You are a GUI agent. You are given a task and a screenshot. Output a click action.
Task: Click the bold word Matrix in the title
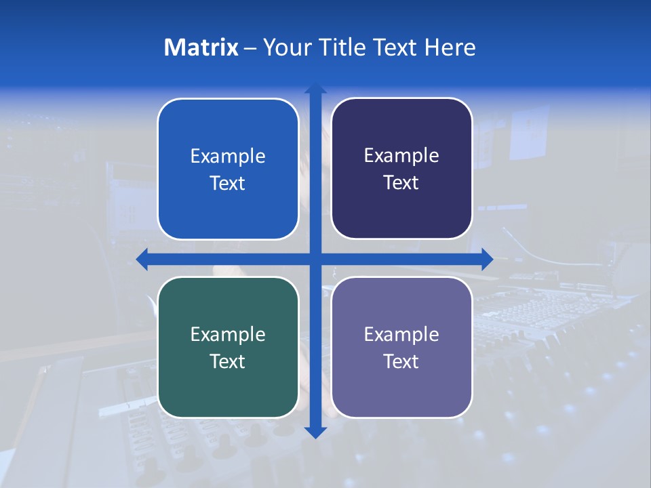click(x=201, y=47)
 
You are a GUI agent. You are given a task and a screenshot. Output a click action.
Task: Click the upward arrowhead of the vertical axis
click(x=315, y=88)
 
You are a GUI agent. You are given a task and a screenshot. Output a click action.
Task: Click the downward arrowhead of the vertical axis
click(x=315, y=432)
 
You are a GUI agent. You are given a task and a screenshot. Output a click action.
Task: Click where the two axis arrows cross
click(x=315, y=259)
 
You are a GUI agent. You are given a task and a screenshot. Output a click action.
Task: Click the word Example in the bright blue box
click(x=228, y=157)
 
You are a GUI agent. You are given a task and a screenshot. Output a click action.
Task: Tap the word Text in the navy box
click(x=401, y=183)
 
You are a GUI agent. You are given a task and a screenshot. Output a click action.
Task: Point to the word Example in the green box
click(x=228, y=334)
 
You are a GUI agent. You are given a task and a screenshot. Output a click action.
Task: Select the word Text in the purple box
click(x=401, y=361)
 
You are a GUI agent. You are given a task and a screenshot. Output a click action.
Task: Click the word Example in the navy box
click(x=401, y=156)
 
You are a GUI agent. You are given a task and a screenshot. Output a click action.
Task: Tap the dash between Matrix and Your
click(x=250, y=48)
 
